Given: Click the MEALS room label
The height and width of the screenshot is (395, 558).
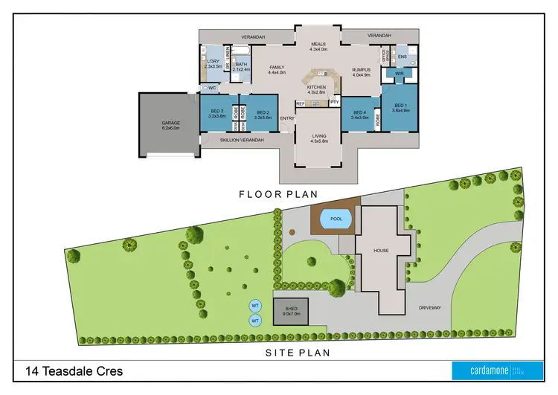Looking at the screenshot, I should tap(318, 46).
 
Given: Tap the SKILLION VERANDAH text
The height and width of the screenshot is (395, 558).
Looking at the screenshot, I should tap(243, 139).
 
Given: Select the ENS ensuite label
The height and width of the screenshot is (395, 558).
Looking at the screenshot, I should tap(402, 57).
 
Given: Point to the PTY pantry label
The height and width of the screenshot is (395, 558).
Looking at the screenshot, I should tap(334, 101).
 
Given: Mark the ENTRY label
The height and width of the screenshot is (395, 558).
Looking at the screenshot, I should tap(287, 118).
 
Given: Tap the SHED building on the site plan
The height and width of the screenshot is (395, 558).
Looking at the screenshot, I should tap(289, 312).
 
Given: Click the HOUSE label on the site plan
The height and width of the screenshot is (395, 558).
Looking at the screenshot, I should tap(381, 251).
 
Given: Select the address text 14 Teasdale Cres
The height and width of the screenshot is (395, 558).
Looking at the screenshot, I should tap(74, 371).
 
